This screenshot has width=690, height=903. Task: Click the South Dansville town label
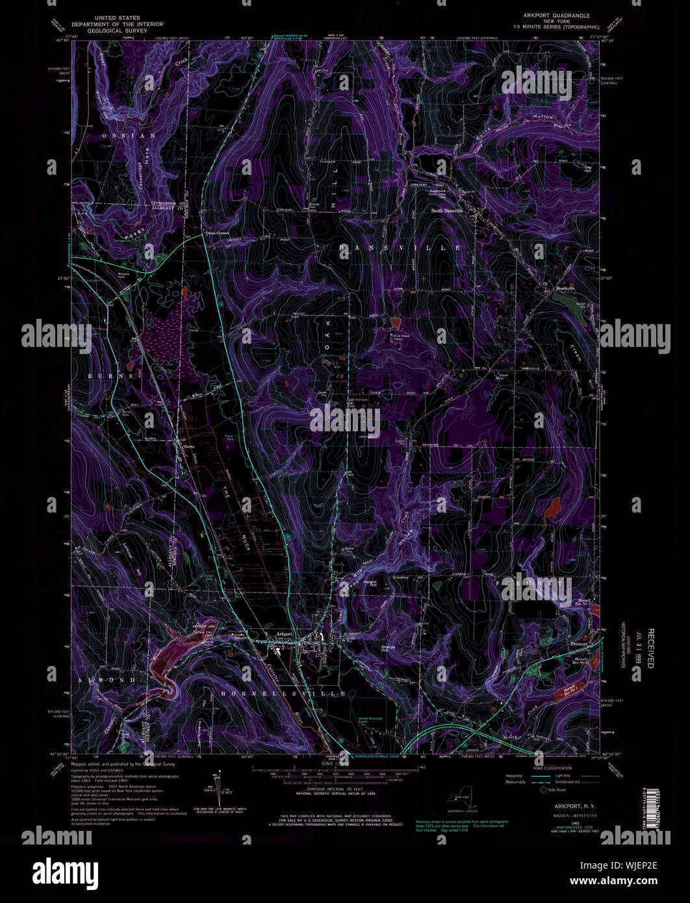point(448,211)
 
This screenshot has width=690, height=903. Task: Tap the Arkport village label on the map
point(284,633)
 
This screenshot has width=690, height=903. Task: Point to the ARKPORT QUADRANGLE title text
point(552,14)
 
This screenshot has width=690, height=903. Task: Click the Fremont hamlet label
point(578,644)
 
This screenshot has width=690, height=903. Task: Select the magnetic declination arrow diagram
point(215,786)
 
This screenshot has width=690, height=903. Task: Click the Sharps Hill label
point(389,648)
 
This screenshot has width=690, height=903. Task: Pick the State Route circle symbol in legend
point(543,790)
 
